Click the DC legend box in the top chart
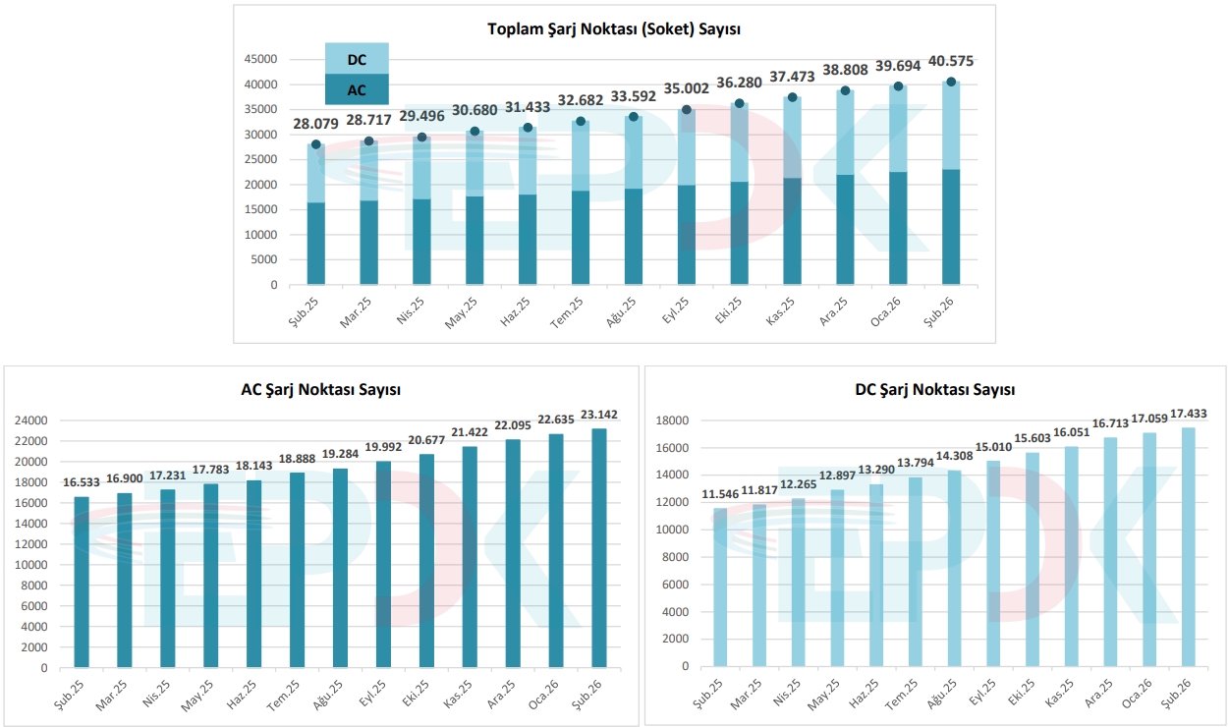point(357,59)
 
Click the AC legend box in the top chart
point(357,89)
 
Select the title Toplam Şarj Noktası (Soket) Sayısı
point(614,28)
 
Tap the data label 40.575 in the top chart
point(950,61)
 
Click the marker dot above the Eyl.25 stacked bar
point(687,110)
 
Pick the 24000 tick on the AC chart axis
point(31,420)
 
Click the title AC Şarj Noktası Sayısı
point(320,390)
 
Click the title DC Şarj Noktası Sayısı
point(934,390)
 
